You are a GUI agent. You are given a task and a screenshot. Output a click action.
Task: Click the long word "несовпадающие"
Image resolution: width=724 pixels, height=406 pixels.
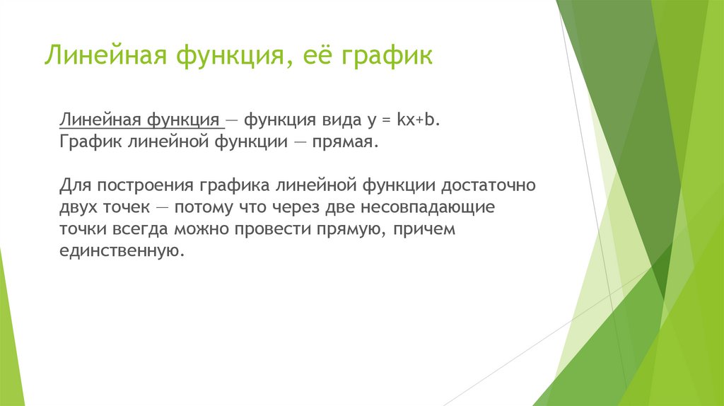pyautogui.click(x=436, y=208)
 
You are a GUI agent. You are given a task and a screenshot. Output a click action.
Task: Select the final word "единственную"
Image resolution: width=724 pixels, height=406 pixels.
pyautogui.click(x=120, y=252)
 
